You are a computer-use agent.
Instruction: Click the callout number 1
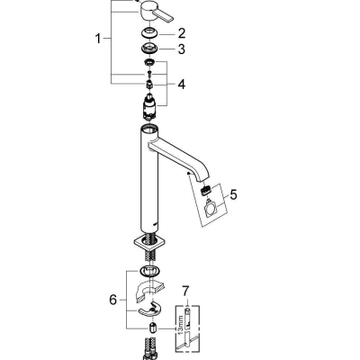click(x=100, y=40)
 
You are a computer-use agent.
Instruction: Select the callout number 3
click(x=180, y=49)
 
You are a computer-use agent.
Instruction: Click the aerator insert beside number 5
click(x=207, y=190)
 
